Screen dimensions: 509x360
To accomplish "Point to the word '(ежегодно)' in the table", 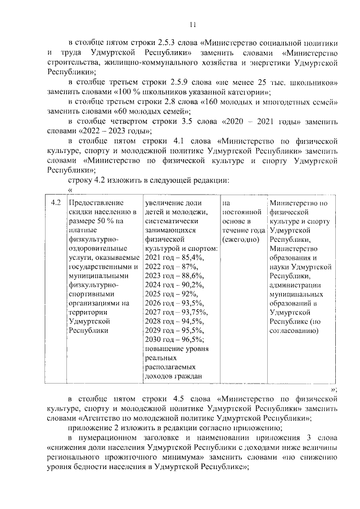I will (x=240, y=239).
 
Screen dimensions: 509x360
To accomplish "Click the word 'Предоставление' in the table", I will (x=95, y=202).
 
